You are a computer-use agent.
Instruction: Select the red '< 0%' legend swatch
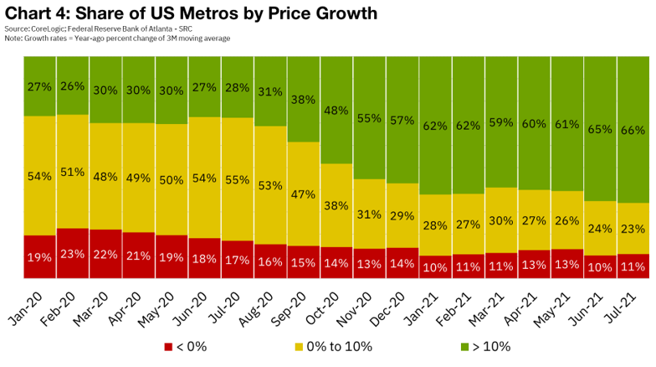coord(167,346)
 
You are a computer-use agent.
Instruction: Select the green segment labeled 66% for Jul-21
coord(632,129)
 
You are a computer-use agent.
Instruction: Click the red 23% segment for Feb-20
coord(73,253)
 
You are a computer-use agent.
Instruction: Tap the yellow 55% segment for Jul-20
coord(237,178)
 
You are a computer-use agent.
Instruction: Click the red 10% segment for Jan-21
coord(434,267)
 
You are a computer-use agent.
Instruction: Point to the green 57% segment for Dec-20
coord(402,120)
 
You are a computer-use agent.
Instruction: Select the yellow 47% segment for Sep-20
coord(303,194)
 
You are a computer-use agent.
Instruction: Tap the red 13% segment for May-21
coord(566,264)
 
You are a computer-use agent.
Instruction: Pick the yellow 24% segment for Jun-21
coord(599,228)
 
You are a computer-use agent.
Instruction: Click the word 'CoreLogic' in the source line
coord(46,29)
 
